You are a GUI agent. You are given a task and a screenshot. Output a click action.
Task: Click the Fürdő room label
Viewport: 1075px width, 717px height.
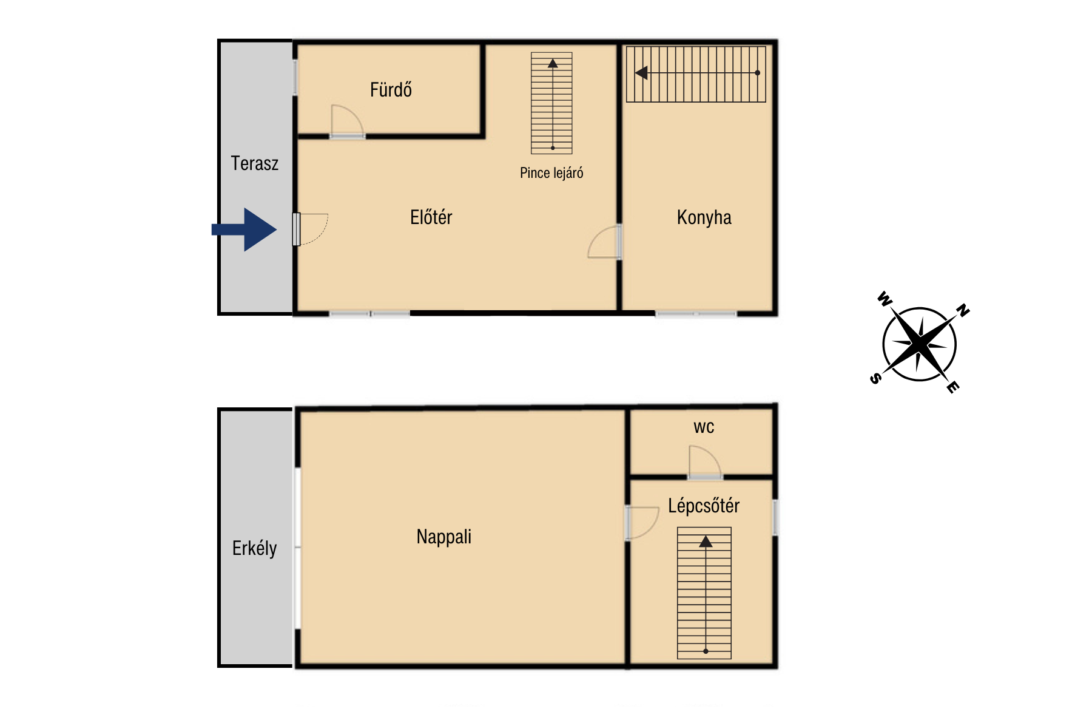pyautogui.click(x=391, y=90)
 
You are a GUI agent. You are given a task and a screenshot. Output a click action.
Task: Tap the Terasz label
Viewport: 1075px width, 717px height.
pyautogui.click(x=255, y=163)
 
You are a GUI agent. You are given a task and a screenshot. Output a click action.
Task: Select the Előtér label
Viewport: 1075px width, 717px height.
pyautogui.click(x=431, y=217)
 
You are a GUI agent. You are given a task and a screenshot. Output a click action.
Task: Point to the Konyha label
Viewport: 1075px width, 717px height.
pyautogui.click(x=704, y=217)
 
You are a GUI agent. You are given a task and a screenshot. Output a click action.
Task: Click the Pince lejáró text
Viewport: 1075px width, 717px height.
pyautogui.click(x=551, y=173)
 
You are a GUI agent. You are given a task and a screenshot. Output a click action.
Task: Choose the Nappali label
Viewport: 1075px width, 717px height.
pyautogui.click(x=443, y=537)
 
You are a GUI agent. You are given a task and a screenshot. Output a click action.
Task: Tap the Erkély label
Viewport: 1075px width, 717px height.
pyautogui.click(x=254, y=548)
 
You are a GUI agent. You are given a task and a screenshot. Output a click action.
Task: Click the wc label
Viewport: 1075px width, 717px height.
pyautogui.click(x=704, y=427)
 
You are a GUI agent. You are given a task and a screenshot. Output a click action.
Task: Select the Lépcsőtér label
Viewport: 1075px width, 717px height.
pyautogui.click(x=704, y=506)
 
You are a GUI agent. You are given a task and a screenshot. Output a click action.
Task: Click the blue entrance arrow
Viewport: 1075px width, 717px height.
pyautogui.click(x=244, y=229)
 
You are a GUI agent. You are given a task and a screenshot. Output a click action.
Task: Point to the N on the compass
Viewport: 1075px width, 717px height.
pyautogui.click(x=963, y=310)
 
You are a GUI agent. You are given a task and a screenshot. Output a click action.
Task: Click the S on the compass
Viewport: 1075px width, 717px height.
pyautogui.click(x=875, y=379)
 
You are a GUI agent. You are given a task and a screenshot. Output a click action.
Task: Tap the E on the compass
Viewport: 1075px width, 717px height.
pyautogui.click(x=953, y=387)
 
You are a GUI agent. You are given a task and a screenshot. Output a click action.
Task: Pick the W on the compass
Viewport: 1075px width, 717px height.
pyautogui.click(x=885, y=299)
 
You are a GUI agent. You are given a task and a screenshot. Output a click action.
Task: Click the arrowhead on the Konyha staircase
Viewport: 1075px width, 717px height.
pyautogui.click(x=641, y=73)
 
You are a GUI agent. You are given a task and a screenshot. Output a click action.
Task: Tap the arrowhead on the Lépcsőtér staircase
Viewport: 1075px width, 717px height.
pyautogui.click(x=706, y=542)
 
